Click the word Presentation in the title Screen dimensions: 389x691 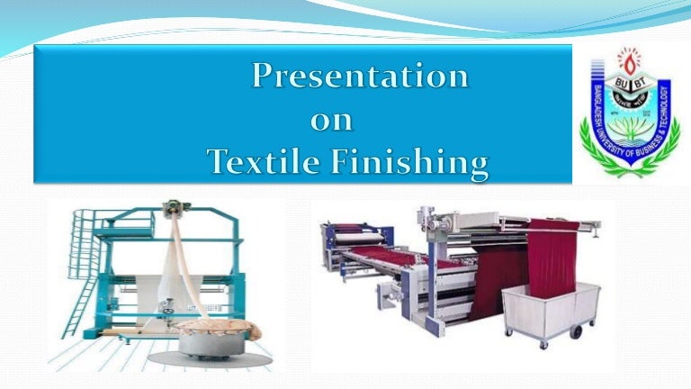coord(360,77)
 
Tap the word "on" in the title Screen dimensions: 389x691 coord(332,120)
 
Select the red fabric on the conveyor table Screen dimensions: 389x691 coord(405,261)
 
